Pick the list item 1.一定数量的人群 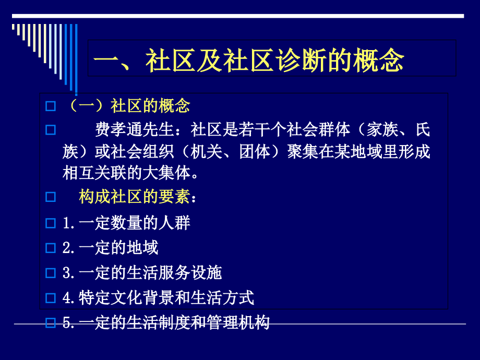tap(126, 223)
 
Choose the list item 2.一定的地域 tap(110, 247)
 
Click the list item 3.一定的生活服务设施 tap(142, 272)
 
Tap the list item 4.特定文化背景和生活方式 tap(158, 298)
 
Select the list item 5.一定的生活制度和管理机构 tap(166, 323)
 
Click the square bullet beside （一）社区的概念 tap(51, 106)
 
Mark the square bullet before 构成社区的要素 tap(51, 198)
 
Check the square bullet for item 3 tap(51, 273)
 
